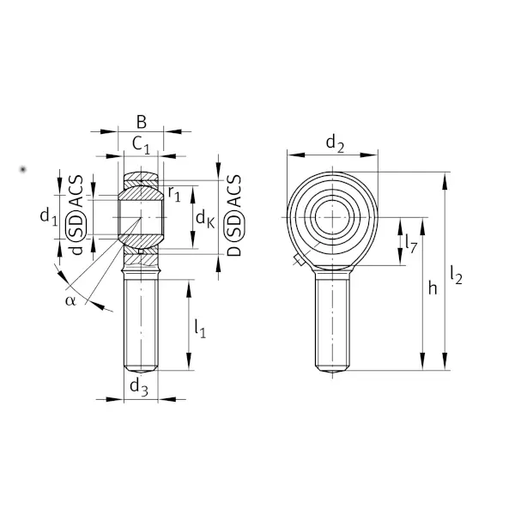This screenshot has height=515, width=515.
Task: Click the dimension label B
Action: click(x=142, y=122)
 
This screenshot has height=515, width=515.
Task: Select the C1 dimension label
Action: click(x=142, y=145)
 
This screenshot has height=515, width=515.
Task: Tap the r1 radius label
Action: click(x=174, y=194)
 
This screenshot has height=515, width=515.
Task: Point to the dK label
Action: click(x=205, y=219)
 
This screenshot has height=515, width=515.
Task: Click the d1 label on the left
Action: click(x=49, y=217)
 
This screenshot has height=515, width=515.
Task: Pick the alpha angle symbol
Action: click(x=70, y=300)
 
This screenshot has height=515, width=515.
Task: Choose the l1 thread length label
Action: click(x=200, y=329)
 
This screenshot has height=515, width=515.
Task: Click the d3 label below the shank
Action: click(x=139, y=386)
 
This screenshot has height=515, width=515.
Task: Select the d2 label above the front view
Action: click(x=335, y=144)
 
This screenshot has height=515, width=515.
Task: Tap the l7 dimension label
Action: click(x=411, y=244)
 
